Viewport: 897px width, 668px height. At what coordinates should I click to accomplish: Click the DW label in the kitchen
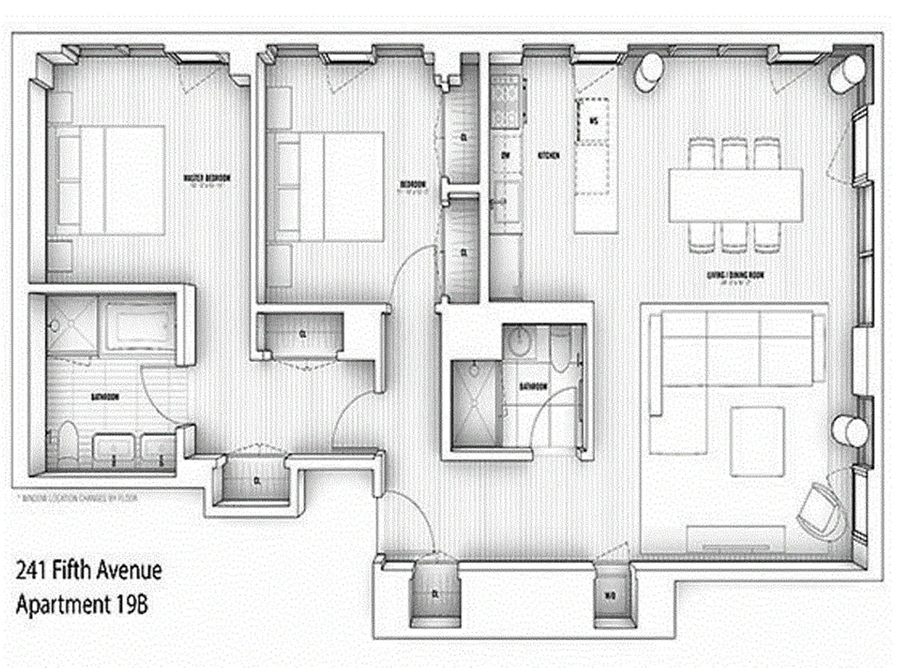(x=505, y=156)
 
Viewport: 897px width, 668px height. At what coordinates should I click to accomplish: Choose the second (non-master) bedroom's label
(x=412, y=184)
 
